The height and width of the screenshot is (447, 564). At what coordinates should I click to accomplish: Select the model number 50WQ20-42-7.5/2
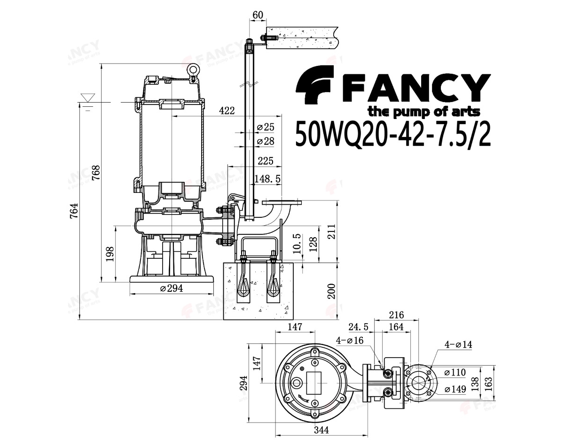[x=392, y=135]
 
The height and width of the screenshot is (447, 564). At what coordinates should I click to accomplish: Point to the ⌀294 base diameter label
[x=171, y=288]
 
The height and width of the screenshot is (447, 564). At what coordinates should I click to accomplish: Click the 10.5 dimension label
[x=297, y=243]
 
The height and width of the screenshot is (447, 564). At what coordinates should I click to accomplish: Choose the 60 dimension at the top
[x=258, y=15]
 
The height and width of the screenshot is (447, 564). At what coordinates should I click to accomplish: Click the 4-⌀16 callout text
[x=350, y=340]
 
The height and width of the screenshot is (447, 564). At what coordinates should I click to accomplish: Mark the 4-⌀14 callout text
[x=458, y=344]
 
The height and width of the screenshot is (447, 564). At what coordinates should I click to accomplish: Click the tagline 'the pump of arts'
[x=423, y=112]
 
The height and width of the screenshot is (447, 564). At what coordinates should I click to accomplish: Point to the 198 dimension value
[x=110, y=255]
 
